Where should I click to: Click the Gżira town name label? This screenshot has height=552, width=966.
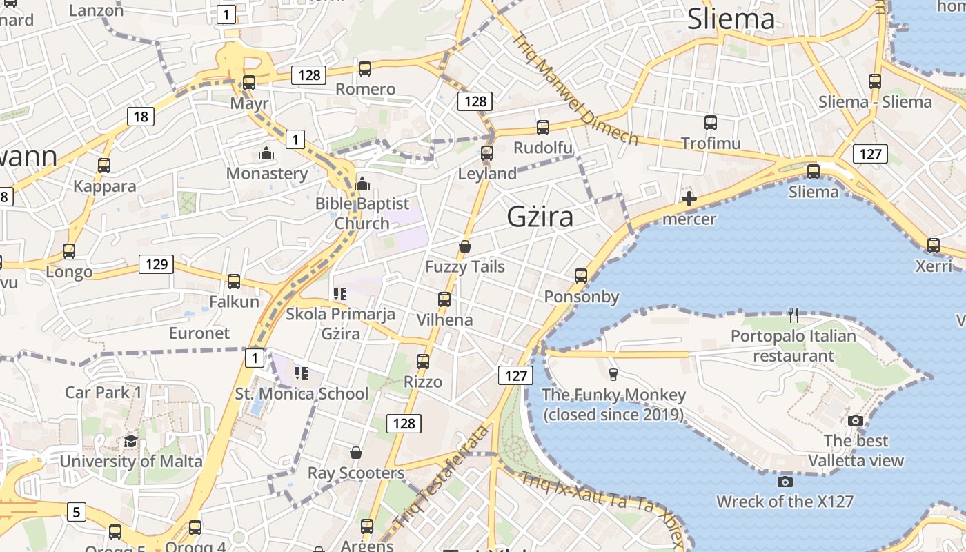pos(540,217)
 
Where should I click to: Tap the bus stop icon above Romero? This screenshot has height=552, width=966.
pos(365,68)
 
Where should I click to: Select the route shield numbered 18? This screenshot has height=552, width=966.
pos(141,116)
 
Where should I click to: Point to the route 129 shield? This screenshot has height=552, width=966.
pos(157,264)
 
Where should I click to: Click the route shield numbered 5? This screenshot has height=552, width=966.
pos(76,512)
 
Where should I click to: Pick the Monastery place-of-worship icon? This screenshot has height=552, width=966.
pos(266,153)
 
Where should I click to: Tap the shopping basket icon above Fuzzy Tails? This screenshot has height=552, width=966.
pos(465,246)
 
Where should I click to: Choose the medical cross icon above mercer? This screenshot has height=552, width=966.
pos(689,199)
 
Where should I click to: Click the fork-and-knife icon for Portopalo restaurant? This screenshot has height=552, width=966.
pos(793,315)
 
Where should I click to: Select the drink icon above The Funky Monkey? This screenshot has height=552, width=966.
pos(612,374)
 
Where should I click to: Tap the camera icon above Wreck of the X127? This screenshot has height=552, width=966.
pos(785,481)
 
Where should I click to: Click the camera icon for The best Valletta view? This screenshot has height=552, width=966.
pos(856,420)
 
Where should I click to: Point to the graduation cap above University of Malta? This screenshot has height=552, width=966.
pos(130,441)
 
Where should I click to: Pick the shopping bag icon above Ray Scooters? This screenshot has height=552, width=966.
pos(356,453)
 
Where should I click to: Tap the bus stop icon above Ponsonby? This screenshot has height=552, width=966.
pos(581,276)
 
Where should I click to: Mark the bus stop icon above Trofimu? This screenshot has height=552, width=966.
pos(711,123)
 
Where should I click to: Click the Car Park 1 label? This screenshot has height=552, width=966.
pos(103,393)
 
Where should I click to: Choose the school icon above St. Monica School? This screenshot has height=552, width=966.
pos(302,373)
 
